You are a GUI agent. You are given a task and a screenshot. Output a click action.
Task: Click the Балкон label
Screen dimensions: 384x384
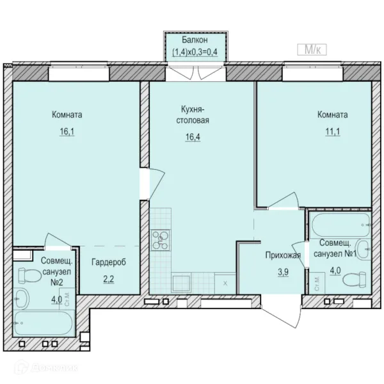(195, 40)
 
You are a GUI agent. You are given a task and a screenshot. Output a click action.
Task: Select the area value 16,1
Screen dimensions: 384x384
(67, 132)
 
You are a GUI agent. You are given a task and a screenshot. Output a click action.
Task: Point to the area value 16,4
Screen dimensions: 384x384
(193, 137)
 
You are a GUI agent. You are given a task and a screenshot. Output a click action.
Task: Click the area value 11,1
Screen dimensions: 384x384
(333, 132)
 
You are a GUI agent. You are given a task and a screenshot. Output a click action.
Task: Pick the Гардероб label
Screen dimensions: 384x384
(109, 262)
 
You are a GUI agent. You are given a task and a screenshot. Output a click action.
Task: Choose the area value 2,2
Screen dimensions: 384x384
(109, 279)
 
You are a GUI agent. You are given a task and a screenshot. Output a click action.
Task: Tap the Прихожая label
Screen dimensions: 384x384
(283, 255)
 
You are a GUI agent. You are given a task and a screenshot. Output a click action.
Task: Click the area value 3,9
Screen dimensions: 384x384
(283, 272)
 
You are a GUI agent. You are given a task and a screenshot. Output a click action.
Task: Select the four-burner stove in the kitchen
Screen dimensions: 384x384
(161, 240)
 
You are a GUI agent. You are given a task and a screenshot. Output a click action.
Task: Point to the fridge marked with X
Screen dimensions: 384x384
(225, 284)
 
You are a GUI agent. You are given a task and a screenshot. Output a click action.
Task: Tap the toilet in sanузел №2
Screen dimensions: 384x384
(29, 275)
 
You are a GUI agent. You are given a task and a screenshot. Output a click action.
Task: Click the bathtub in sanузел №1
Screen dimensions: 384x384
(341, 225)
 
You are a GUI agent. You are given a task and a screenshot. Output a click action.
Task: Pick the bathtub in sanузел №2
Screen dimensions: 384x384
(44, 323)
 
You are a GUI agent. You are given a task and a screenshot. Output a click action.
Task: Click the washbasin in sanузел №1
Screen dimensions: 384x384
(363, 249)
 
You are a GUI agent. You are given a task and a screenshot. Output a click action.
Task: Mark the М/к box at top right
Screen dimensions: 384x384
(312, 49)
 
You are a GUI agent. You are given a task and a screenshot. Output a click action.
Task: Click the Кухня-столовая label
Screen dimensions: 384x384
(193, 115)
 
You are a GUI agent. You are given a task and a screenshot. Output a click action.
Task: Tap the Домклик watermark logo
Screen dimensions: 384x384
(46, 367)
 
